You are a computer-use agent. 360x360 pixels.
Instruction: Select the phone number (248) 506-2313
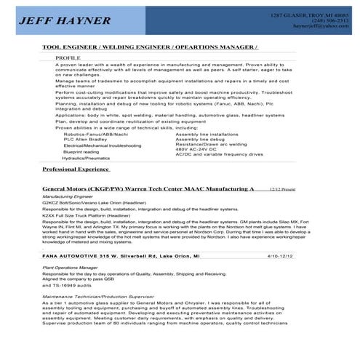(328, 20)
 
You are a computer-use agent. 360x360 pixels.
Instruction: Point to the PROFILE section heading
(68, 56)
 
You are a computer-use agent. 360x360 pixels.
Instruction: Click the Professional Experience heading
(75, 168)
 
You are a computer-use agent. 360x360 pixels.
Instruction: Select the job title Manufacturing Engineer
(68, 196)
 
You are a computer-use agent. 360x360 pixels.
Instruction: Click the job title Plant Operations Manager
(69, 268)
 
